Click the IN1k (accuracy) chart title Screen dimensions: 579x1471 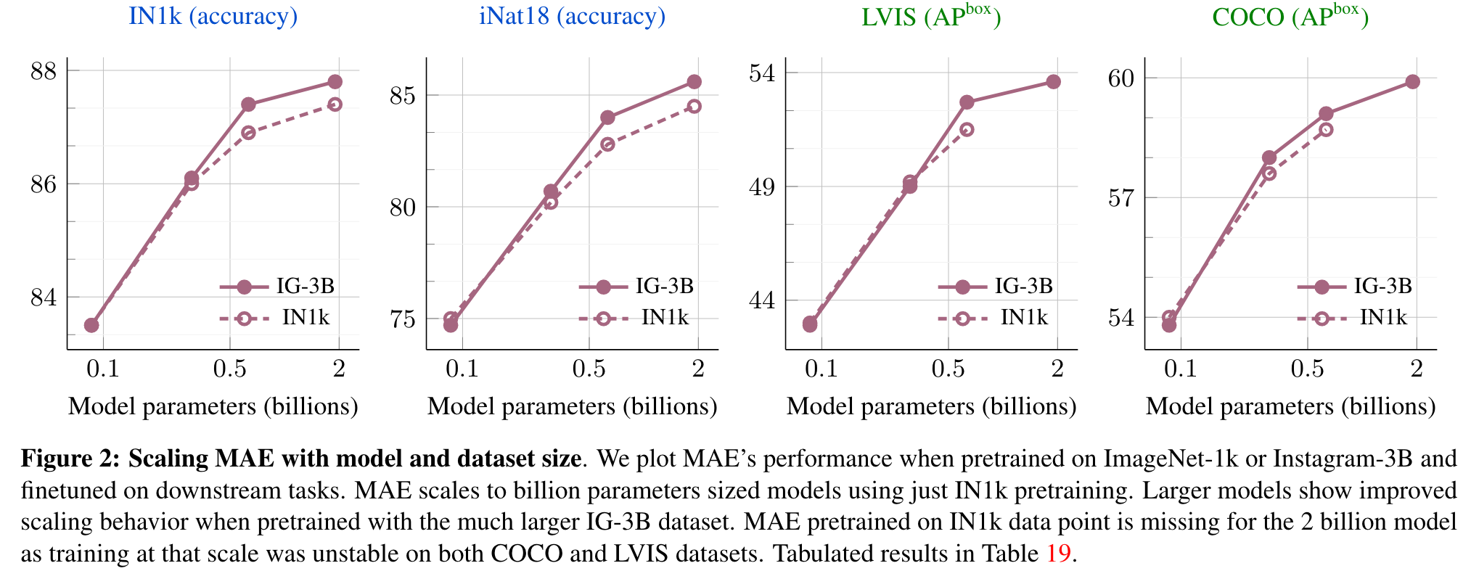[x=213, y=16]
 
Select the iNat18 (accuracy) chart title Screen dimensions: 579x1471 [x=572, y=16]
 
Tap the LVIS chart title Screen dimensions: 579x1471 [x=931, y=16]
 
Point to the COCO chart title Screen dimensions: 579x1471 [x=1290, y=16]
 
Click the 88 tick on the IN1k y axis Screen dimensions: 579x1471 [x=44, y=71]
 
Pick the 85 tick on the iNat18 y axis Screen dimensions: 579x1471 [x=403, y=95]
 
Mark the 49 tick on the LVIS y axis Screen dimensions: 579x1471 [x=762, y=187]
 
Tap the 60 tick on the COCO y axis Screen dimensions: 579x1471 [x=1121, y=78]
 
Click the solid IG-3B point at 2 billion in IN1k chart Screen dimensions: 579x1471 [x=335, y=82]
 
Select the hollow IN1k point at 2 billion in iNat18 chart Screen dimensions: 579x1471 [x=694, y=106]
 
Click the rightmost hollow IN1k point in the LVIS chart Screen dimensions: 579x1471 [x=967, y=130]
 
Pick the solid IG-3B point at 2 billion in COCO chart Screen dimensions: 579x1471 [x=1412, y=82]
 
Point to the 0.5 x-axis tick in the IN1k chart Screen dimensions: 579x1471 [x=229, y=369]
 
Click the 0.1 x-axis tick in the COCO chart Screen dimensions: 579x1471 [x=1180, y=369]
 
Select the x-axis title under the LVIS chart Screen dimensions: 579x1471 [x=931, y=406]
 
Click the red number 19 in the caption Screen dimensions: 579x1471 [x=1058, y=554]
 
